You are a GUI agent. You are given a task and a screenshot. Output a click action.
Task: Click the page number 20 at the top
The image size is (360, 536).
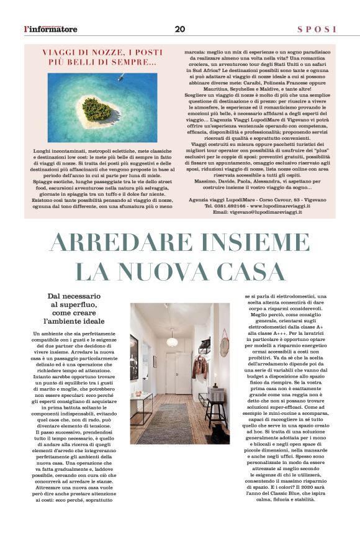180,29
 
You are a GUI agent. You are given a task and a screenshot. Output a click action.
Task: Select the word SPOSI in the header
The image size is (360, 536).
317,29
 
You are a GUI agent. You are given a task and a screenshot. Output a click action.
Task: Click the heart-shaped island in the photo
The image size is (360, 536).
97,109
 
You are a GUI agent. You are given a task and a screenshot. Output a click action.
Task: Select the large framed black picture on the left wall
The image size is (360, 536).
134,350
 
